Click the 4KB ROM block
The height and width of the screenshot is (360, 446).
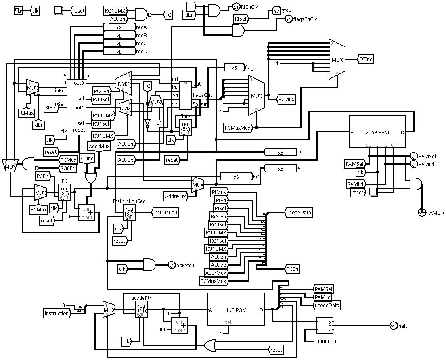click(236, 310)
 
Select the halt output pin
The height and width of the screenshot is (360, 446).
click(393, 326)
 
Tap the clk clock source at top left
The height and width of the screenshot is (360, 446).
click(19, 10)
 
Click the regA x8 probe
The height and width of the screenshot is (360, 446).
click(119, 27)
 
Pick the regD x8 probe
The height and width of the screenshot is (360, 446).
click(119, 52)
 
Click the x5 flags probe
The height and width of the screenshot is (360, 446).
click(234, 68)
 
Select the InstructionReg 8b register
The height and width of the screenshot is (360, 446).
click(129, 212)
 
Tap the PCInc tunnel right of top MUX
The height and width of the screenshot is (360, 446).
click(366, 59)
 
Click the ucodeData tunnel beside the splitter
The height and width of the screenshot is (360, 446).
click(298, 212)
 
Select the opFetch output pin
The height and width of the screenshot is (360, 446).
click(172, 265)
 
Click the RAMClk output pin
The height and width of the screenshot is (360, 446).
click(422, 212)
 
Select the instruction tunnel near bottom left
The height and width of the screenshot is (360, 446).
click(57, 313)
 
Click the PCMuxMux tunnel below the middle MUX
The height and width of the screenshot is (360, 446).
click(238, 128)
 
